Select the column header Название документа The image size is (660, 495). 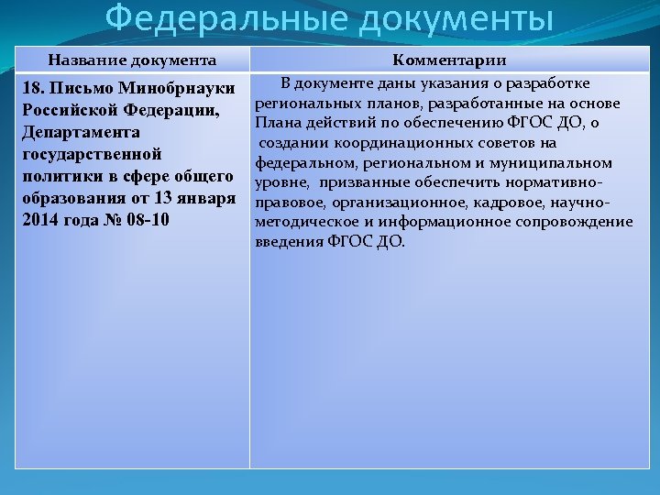pyautogui.click(x=132, y=60)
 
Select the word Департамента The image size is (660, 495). pyautogui.click(x=77, y=133)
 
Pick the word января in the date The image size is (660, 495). pyautogui.click(x=202, y=200)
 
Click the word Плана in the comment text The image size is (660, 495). pyautogui.click(x=277, y=123)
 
